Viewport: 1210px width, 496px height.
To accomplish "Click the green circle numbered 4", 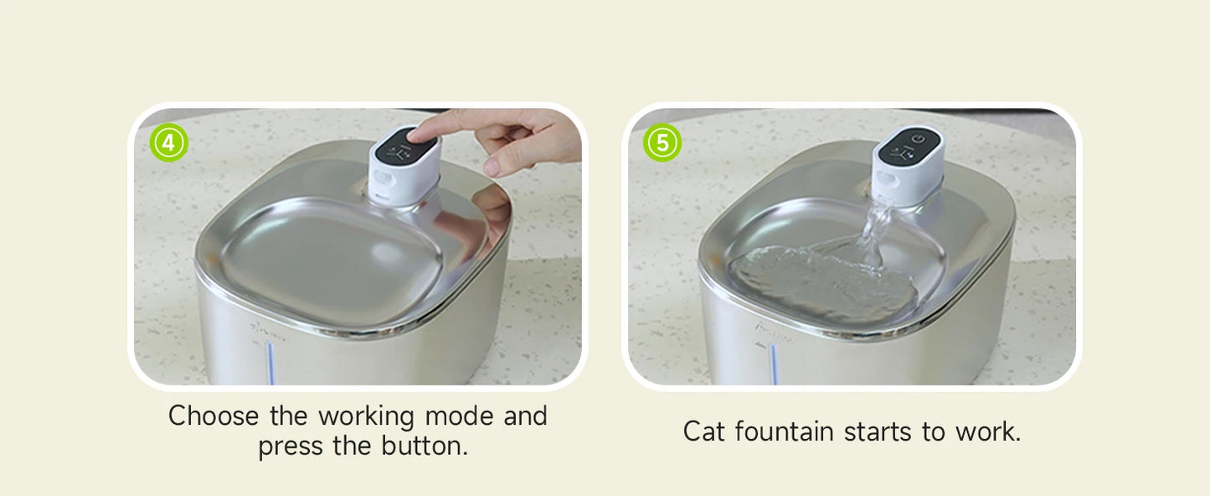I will [168, 143].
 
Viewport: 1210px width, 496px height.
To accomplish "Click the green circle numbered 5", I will [662, 143].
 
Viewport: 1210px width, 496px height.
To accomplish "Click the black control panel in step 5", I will [909, 147].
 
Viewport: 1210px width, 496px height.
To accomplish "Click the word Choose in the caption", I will [215, 416].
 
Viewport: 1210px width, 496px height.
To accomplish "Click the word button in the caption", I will [424, 446].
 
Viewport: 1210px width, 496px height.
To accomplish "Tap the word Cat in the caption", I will [705, 431].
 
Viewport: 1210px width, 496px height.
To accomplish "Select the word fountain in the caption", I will [785, 431].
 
